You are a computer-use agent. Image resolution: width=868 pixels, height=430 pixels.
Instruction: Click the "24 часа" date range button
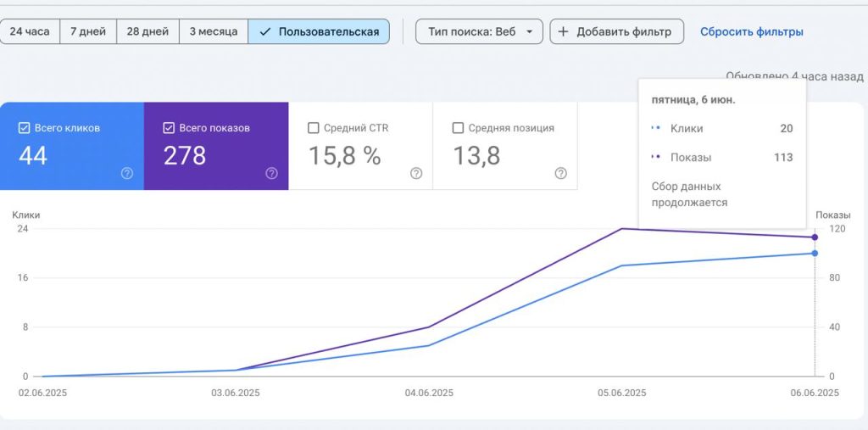(x=30, y=31)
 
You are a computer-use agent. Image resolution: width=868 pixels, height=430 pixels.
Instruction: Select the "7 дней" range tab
(x=88, y=31)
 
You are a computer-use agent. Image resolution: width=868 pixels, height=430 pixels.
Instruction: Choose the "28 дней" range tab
(x=147, y=31)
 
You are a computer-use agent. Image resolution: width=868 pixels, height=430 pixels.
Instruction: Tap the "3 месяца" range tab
(x=214, y=31)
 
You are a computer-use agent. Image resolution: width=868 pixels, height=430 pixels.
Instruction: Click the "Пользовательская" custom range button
(x=319, y=31)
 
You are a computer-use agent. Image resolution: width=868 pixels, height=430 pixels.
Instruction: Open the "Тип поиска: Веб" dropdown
(x=480, y=31)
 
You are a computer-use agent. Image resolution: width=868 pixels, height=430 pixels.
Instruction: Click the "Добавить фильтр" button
(x=617, y=31)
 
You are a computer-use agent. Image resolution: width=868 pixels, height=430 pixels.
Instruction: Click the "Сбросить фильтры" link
(x=751, y=32)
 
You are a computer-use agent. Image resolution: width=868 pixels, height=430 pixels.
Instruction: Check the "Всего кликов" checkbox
(x=24, y=128)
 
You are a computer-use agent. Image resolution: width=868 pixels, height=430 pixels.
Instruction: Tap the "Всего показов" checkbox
(x=169, y=128)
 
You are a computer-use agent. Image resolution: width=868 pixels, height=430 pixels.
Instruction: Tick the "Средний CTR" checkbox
(x=314, y=128)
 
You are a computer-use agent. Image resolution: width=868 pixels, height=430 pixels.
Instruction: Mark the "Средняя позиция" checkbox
(x=458, y=128)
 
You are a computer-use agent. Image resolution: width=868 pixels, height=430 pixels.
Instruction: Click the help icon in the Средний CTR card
(x=416, y=173)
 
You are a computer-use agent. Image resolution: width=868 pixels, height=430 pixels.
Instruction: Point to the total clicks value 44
(x=33, y=156)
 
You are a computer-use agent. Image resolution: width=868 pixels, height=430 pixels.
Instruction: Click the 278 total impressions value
(x=185, y=156)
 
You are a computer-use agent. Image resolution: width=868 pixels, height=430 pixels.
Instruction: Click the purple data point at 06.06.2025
(x=815, y=237)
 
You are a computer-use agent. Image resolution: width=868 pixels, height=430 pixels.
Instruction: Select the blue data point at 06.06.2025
(x=815, y=254)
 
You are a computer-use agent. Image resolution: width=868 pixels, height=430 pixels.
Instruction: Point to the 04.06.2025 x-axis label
(x=429, y=393)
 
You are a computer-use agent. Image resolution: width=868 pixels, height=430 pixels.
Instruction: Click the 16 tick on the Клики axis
(x=23, y=277)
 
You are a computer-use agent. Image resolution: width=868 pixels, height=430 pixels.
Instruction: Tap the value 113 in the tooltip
(x=783, y=158)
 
